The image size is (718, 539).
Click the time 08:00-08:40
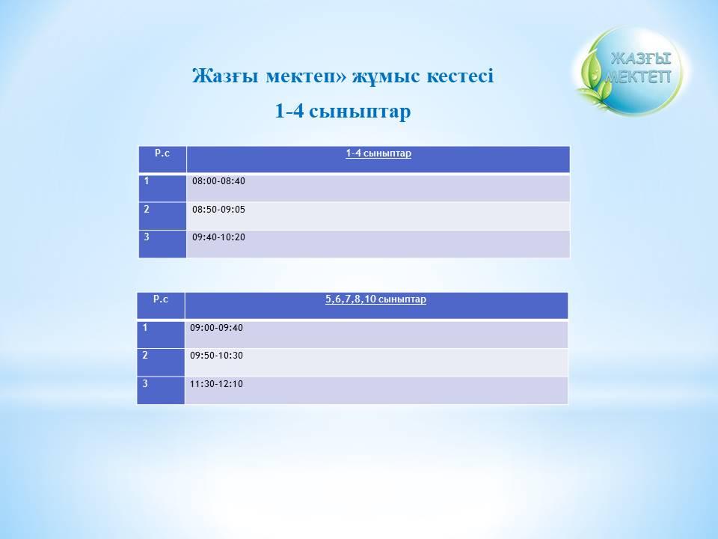(x=218, y=181)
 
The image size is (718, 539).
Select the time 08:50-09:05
(x=218, y=210)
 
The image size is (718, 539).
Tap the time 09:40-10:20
(x=218, y=237)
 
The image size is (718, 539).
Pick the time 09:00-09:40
(x=216, y=328)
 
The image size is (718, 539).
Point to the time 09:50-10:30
(x=216, y=355)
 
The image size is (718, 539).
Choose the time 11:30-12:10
(x=216, y=383)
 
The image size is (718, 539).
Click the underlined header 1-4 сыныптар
(x=378, y=153)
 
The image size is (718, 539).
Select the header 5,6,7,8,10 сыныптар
(x=375, y=299)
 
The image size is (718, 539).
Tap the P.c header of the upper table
(x=162, y=153)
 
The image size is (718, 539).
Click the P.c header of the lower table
(x=160, y=299)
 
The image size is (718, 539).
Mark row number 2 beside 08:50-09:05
(x=147, y=209)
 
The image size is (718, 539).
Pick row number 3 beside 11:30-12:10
(x=145, y=383)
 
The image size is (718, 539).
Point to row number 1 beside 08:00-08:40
(x=147, y=180)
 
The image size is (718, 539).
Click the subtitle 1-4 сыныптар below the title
(x=343, y=112)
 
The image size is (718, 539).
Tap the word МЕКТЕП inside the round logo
(x=637, y=76)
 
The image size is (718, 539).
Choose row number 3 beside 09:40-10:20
(x=147, y=237)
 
